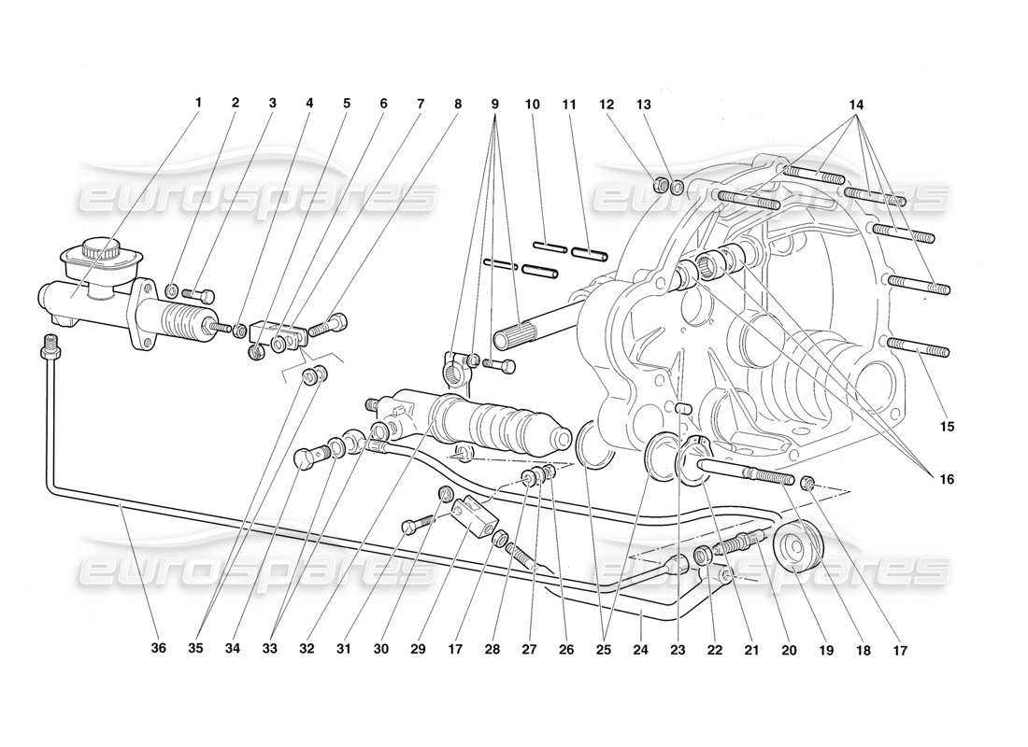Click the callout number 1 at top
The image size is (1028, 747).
tap(197, 104)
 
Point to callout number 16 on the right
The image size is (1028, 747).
tap(947, 479)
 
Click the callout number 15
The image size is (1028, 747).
tap(948, 427)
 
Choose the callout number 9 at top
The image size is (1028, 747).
tap(495, 104)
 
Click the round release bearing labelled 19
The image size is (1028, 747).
tap(794, 548)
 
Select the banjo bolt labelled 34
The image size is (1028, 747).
tap(305, 459)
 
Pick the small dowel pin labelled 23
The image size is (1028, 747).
tap(682, 406)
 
